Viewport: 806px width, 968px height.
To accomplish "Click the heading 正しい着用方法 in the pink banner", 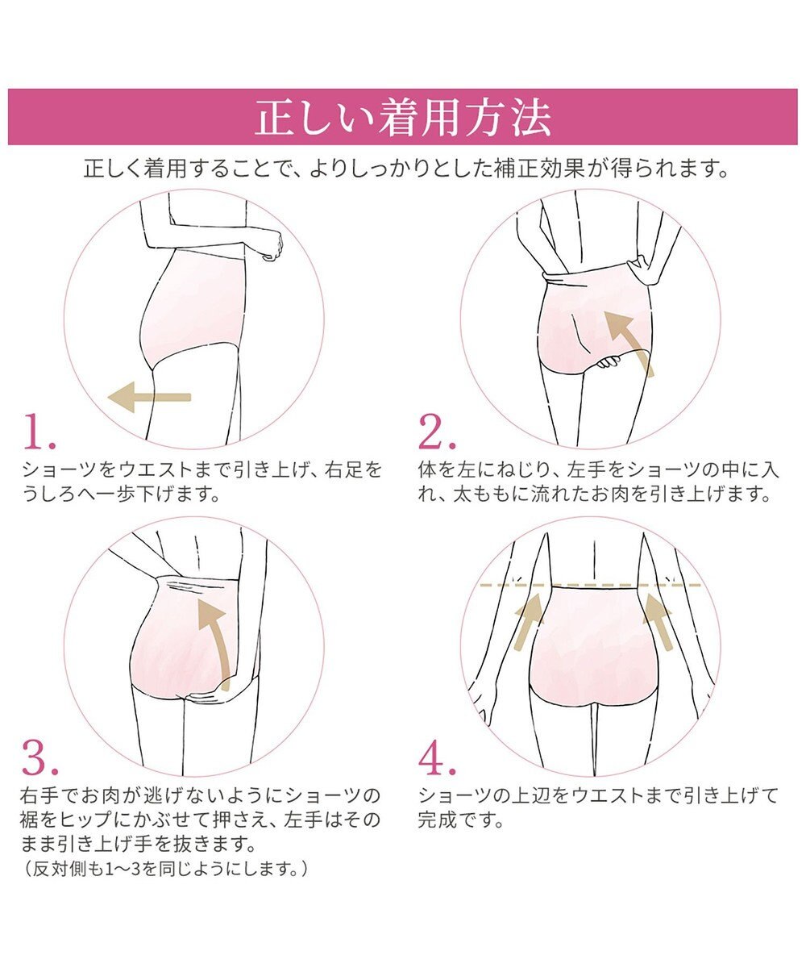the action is click(402, 117).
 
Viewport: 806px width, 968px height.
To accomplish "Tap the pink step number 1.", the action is click(39, 432).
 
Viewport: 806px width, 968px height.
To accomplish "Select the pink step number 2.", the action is click(437, 432).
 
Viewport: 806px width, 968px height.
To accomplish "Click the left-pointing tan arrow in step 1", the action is click(149, 398).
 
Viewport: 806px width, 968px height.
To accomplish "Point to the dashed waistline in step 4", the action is click(590, 586).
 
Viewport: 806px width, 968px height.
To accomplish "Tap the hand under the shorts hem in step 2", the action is click(608, 361).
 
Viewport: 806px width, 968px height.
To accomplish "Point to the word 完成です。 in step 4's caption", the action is click(461, 820).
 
